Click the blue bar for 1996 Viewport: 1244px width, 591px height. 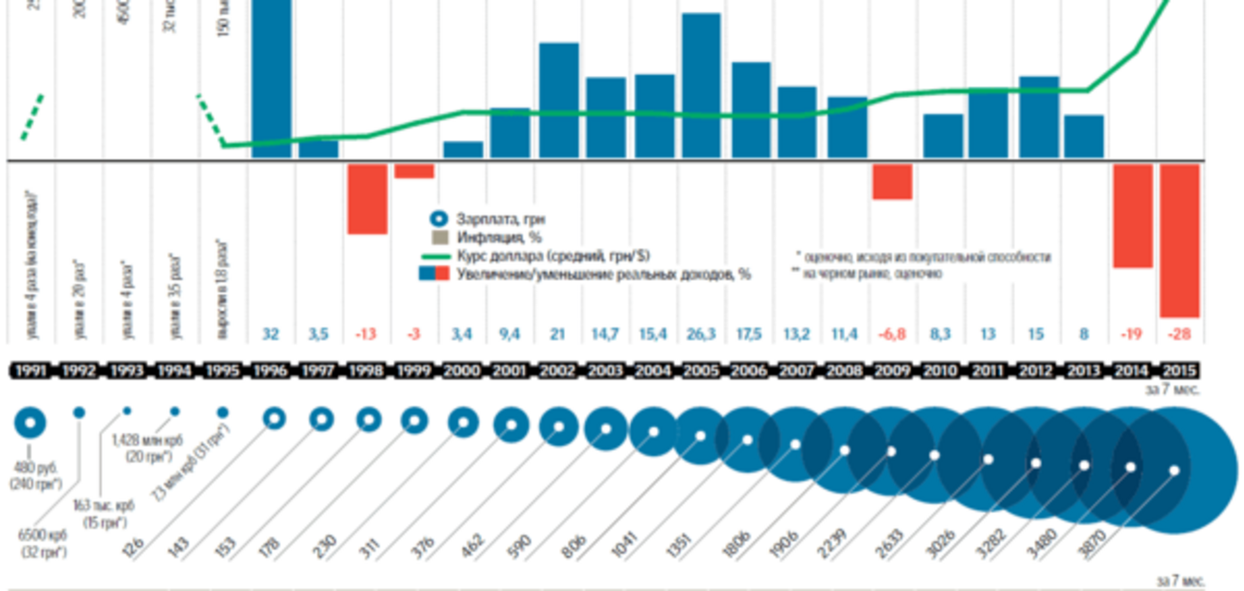click(271, 77)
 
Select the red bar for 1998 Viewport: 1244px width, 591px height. click(367, 198)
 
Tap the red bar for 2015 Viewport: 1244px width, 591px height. click(1179, 240)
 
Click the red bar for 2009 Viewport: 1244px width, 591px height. click(892, 182)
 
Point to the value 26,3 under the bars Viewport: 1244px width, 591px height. click(701, 334)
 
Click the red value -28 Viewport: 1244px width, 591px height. click(1179, 334)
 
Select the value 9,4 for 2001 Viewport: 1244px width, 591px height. click(509, 334)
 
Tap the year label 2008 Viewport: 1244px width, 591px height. click(844, 371)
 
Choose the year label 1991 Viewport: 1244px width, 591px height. click(31, 371)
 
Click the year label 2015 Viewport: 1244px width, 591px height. click(1179, 371)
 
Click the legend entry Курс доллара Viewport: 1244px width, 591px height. click(553, 256)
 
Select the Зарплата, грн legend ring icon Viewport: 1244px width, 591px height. click(439, 219)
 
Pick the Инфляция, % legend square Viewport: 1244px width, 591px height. click(439, 238)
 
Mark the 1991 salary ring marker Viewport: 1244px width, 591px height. click(30, 423)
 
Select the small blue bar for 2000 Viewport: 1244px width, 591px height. click(463, 150)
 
